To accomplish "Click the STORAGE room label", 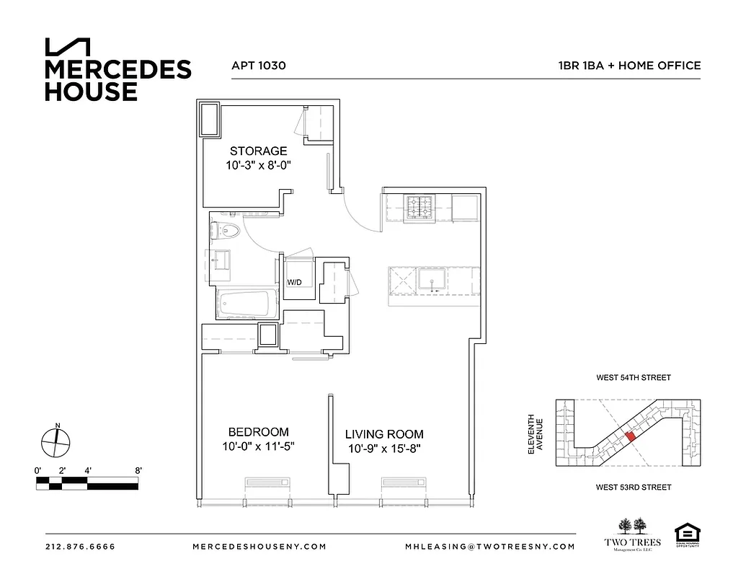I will [x=258, y=151].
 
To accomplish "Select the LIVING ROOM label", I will [x=383, y=434].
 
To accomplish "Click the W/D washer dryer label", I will [x=295, y=282].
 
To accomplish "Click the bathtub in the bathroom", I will [x=247, y=304].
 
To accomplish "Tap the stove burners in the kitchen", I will [x=420, y=208].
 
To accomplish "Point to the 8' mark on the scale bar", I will [x=138, y=470].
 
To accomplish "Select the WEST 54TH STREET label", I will [x=633, y=377].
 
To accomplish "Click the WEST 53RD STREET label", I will [x=633, y=488].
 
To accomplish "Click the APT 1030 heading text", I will [x=259, y=65].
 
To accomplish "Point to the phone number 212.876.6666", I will [x=80, y=547].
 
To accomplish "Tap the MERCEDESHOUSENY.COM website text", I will [x=259, y=547].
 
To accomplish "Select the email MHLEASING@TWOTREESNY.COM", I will [x=490, y=547].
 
